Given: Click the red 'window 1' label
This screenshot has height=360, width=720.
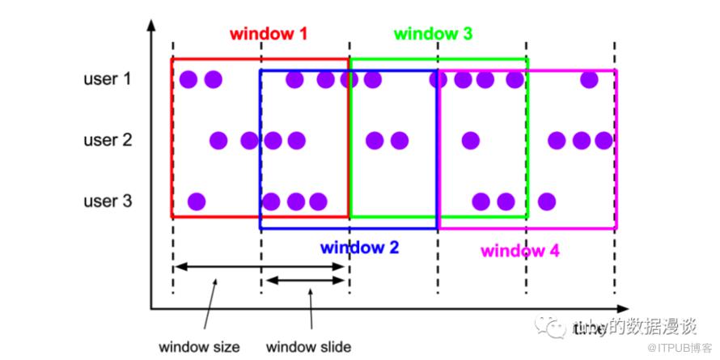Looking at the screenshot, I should point(268,34).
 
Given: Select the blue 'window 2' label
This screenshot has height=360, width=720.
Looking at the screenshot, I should point(359,247).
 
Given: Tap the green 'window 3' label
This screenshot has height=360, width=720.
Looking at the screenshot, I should point(433,34).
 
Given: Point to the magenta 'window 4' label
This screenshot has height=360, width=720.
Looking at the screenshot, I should point(519,250).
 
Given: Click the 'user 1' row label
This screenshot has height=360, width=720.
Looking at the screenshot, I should point(107,79).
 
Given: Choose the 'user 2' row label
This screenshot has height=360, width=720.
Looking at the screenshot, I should point(107,141).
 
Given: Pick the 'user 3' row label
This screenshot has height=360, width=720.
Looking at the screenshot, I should point(107,201).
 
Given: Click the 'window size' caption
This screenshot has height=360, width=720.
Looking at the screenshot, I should point(199,347).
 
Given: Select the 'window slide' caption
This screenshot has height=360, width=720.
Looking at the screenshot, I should point(308,347).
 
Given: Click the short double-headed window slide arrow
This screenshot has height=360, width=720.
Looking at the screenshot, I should point(306,280).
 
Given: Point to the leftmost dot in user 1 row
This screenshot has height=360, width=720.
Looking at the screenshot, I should point(188,79).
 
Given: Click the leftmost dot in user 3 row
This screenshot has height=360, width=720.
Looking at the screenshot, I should point(196,201).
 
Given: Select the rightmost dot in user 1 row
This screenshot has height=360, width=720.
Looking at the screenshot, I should point(589,79).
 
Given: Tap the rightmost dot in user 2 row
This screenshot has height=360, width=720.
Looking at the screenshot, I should point(604,141).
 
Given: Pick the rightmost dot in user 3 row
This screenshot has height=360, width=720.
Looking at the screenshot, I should point(547,201).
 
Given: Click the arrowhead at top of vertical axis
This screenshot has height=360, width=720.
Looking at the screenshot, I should point(151,25).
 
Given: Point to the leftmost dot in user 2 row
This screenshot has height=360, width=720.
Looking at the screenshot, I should point(218,141).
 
